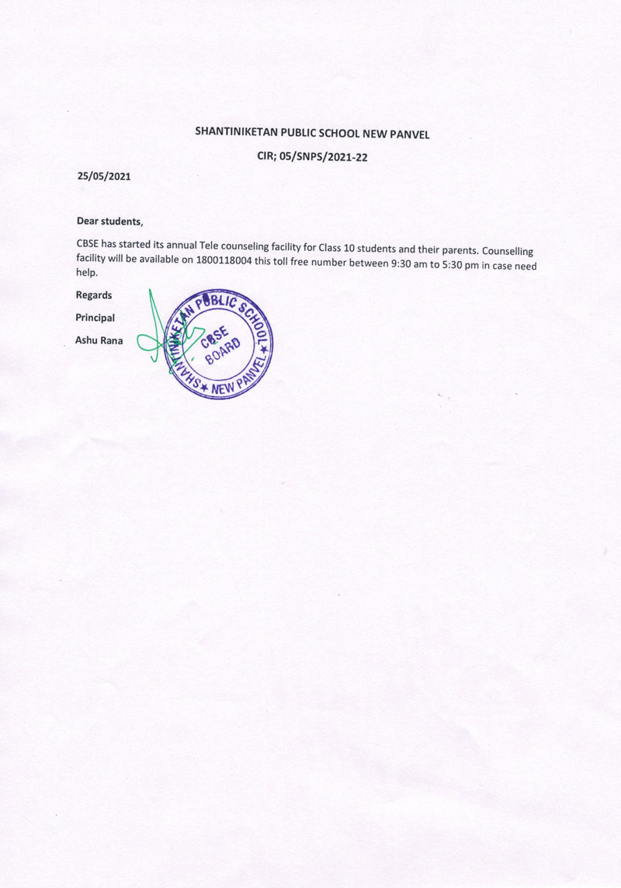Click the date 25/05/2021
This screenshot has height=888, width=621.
point(103,176)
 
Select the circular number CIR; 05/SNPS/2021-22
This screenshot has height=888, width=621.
point(311,156)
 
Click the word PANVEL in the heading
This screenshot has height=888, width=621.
point(410,134)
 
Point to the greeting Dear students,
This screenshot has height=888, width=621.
point(109,221)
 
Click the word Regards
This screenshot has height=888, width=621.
point(93,295)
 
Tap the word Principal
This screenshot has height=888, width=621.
point(95,317)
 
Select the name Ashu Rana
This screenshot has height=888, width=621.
point(99,340)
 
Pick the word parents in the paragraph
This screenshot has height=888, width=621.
point(456,250)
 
